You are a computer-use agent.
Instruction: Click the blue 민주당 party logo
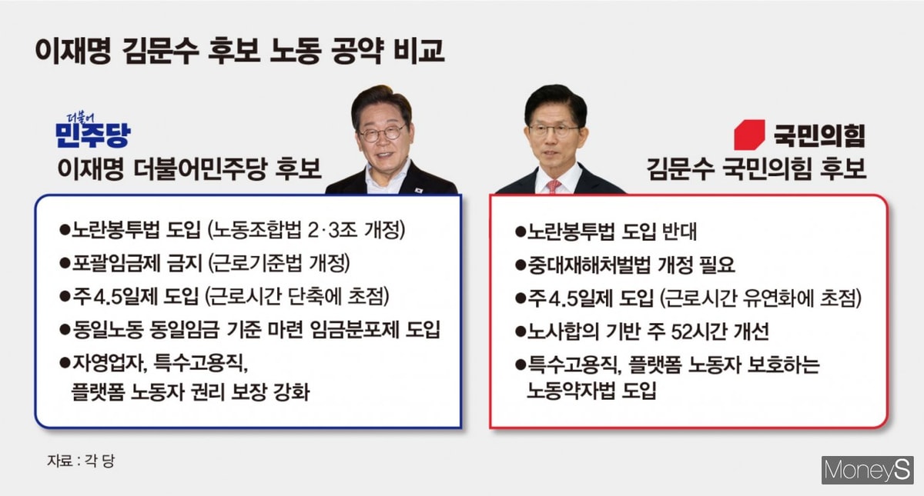point(93,131)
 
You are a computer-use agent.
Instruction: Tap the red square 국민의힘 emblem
point(749,135)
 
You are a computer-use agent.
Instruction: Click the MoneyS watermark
point(867,470)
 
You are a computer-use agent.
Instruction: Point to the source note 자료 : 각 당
point(81,461)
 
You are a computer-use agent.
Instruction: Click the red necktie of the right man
point(553,186)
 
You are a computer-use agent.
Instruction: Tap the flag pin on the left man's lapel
point(420,191)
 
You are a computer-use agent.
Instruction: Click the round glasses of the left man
point(382,134)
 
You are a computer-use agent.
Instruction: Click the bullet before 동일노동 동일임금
point(65,329)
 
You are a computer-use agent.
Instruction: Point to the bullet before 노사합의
point(521,331)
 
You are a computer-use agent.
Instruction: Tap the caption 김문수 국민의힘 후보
point(756,169)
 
